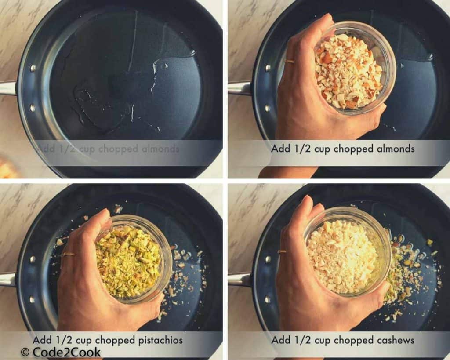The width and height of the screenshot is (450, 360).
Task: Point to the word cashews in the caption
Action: tap(392, 340)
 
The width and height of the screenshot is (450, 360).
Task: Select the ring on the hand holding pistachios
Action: tap(68, 254)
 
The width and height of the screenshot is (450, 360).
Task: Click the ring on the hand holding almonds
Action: tap(290, 62)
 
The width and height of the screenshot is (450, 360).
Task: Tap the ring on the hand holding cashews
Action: tap(282, 252)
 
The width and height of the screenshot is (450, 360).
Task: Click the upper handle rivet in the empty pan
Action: tap(33, 68)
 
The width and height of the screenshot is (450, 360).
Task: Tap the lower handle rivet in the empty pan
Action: tap(33, 107)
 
